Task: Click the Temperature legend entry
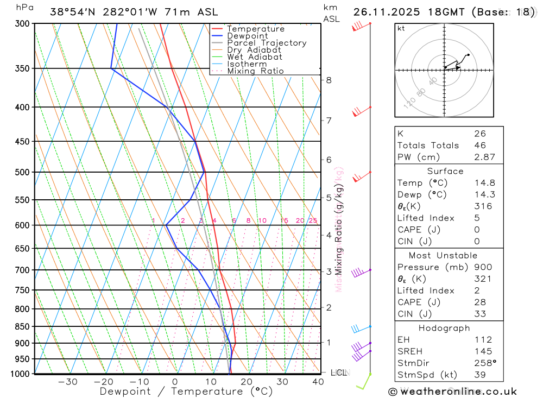tap(255, 29)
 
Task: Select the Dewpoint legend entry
tap(247, 36)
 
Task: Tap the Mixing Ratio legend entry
tap(255, 71)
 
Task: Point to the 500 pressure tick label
tap(22, 172)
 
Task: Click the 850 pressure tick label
tap(22, 326)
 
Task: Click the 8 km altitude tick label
tap(329, 80)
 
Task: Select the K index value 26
tap(479, 134)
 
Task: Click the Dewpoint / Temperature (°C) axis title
tap(186, 391)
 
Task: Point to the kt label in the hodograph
tap(401, 29)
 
